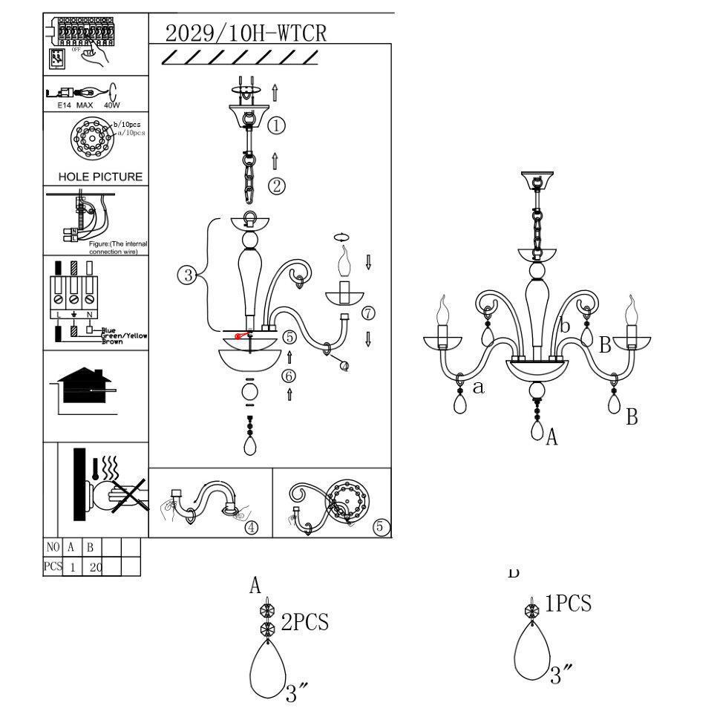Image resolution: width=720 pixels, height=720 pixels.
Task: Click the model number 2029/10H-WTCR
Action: tap(246, 33)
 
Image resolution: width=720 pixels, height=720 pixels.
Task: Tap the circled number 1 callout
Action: tap(276, 125)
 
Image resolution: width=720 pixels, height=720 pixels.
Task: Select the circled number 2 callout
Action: tap(276, 186)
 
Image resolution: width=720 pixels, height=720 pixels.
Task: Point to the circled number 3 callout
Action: tap(186, 276)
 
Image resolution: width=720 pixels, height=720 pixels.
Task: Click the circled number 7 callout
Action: tap(368, 313)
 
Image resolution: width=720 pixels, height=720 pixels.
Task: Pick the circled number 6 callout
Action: tap(289, 376)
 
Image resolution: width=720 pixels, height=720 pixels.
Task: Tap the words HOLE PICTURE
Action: tap(100, 177)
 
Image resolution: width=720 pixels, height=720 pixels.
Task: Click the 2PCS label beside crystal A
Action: tap(304, 622)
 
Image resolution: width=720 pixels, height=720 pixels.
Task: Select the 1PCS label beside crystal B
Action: tap(569, 603)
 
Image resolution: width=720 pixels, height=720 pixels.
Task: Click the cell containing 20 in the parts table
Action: tap(91, 567)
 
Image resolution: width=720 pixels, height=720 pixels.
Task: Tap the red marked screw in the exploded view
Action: tap(240, 336)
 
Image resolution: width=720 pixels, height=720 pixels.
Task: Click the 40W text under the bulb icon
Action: tap(111, 105)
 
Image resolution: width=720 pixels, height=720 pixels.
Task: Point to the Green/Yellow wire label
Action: tap(124, 336)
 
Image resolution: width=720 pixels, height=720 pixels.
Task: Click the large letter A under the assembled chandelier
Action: tap(552, 438)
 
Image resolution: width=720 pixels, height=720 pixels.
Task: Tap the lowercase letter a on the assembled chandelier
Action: tap(479, 386)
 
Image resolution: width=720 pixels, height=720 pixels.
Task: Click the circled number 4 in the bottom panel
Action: tap(252, 527)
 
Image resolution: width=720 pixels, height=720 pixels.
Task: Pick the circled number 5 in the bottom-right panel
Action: tap(380, 527)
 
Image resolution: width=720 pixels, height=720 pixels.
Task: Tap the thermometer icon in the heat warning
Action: tap(95, 469)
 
